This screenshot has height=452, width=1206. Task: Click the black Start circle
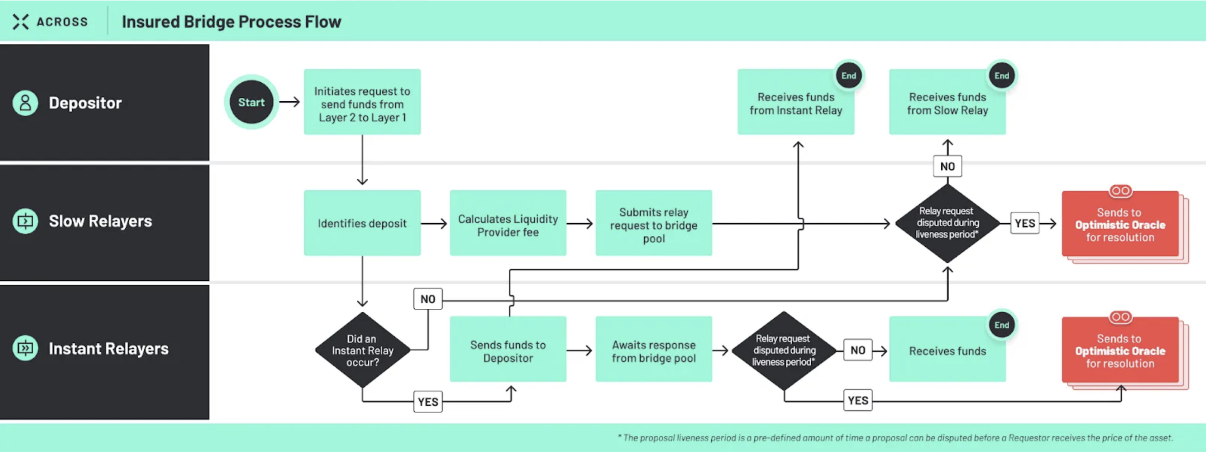tap(251, 102)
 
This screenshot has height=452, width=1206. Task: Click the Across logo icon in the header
tap(20, 22)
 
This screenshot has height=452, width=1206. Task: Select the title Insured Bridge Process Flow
tap(231, 22)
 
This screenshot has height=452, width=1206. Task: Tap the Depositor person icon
tap(25, 103)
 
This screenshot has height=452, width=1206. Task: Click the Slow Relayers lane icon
tap(25, 221)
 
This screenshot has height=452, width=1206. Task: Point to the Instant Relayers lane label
tap(108, 348)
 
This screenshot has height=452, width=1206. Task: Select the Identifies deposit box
tap(362, 223)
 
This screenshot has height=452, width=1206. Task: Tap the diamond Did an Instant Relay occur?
tap(362, 350)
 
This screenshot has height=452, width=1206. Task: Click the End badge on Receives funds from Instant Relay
tap(848, 76)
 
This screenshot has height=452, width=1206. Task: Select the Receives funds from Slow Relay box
tap(947, 103)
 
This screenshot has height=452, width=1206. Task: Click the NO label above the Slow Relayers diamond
tap(947, 166)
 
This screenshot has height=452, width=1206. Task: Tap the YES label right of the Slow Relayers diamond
tap(1025, 223)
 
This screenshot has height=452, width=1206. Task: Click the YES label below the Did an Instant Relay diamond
tap(428, 401)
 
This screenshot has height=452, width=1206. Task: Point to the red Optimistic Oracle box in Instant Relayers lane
tap(1120, 350)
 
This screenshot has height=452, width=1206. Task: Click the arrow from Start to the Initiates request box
tap(290, 102)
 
